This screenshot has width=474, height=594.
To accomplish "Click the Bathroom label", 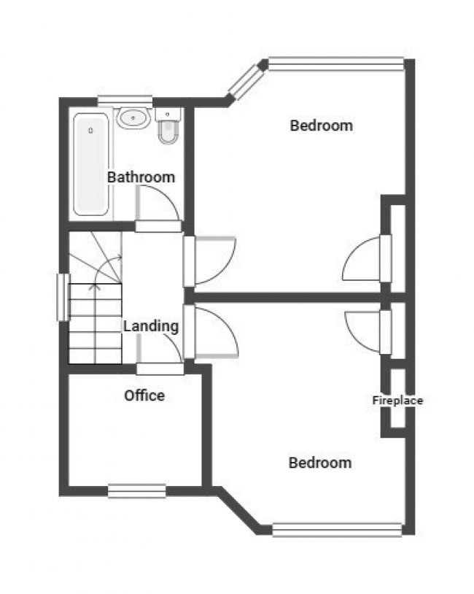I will pyautogui.click(x=141, y=177).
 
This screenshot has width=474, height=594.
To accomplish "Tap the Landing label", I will pyautogui.click(x=151, y=326).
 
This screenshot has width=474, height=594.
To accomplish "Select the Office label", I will pyautogui.click(x=144, y=396).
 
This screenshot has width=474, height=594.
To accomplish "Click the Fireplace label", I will pyautogui.click(x=397, y=400).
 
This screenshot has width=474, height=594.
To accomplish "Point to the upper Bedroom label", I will pyautogui.click(x=321, y=126).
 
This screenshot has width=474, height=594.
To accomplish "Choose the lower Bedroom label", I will pyautogui.click(x=319, y=463).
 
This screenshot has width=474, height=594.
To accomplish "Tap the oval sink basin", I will pyautogui.click(x=133, y=117).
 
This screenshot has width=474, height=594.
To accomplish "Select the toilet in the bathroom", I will pyautogui.click(x=168, y=128).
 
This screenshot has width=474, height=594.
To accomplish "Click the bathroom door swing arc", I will pyautogui.click(x=159, y=203).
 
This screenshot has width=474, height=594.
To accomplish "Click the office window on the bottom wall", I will pyautogui.click(x=136, y=491).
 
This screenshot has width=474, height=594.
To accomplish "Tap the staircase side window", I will pyautogui.click(x=63, y=296).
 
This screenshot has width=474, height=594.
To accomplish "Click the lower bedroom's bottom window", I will pyautogui.click(x=337, y=529).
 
